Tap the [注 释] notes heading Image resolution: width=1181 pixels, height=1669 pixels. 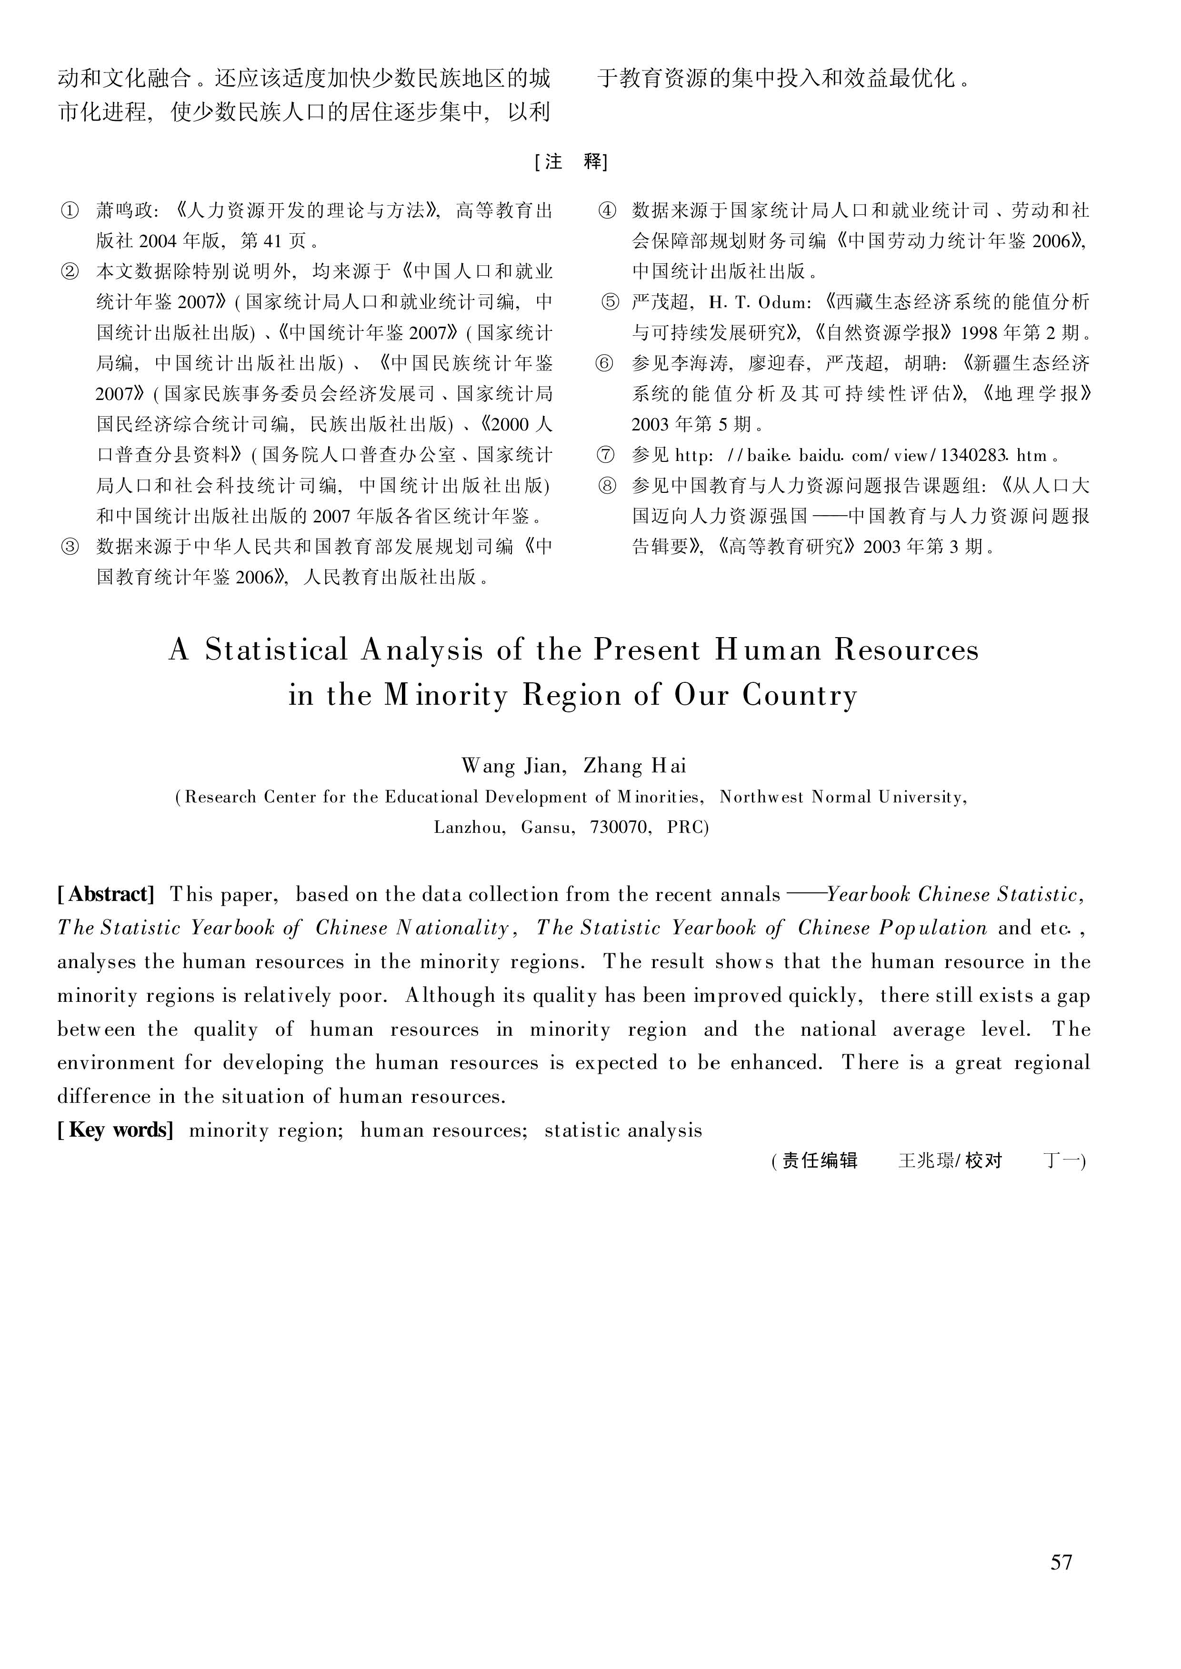[571, 161]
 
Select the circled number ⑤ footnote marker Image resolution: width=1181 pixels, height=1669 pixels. [610, 302]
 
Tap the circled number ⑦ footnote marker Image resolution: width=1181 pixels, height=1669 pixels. [605, 455]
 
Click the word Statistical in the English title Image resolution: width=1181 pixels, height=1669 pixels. [276, 650]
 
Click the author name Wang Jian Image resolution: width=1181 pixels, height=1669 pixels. [511, 766]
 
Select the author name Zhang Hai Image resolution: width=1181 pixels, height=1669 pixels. [635, 766]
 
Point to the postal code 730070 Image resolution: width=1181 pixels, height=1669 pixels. [621, 828]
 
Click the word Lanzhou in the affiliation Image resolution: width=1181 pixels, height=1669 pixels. [469, 828]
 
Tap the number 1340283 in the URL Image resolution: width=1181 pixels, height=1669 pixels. [974, 456]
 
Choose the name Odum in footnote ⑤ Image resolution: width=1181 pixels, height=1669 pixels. [782, 302]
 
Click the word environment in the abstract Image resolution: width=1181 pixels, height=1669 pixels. [116, 1062]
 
